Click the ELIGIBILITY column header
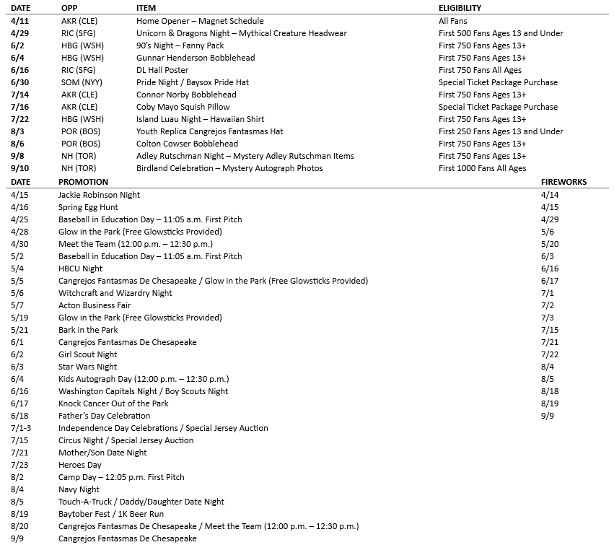tap(460, 8)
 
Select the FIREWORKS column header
tap(563, 182)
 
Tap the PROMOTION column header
tap(83, 182)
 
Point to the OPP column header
tap(69, 8)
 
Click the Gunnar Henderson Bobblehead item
tap(196, 58)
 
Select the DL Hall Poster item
tap(162, 70)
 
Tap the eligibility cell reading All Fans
tap(453, 21)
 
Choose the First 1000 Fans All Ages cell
tap(483, 168)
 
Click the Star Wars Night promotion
tap(87, 367)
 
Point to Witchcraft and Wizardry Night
tap(115, 293)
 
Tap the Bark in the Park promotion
tap(88, 330)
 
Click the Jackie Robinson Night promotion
tap(99, 195)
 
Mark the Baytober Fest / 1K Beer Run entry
tap(111, 514)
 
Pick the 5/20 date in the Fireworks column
tap(550, 244)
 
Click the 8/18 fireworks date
tap(550, 391)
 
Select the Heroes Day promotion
tap(80, 465)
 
